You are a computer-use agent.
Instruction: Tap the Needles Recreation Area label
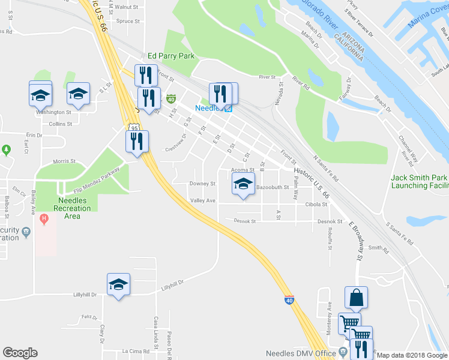pyautogui.click(x=73, y=204)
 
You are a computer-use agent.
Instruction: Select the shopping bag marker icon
pyautogui.click(x=356, y=298)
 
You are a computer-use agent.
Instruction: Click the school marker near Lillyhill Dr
pyautogui.click(x=118, y=284)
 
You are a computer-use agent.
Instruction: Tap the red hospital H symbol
pyautogui.click(x=43, y=220)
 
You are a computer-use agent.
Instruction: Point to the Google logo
pyautogui.click(x=20, y=353)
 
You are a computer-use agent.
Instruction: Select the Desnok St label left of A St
pyautogui.click(x=244, y=221)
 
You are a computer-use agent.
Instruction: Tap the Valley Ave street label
pyautogui.click(x=202, y=200)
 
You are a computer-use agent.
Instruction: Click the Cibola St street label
pyautogui.click(x=315, y=204)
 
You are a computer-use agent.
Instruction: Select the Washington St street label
pyautogui.click(x=53, y=112)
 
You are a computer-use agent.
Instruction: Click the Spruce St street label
pyautogui.click(x=128, y=21)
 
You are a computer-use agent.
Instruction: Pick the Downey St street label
pyautogui.click(x=202, y=184)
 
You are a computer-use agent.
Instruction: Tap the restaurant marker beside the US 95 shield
pyautogui.click(x=137, y=142)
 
